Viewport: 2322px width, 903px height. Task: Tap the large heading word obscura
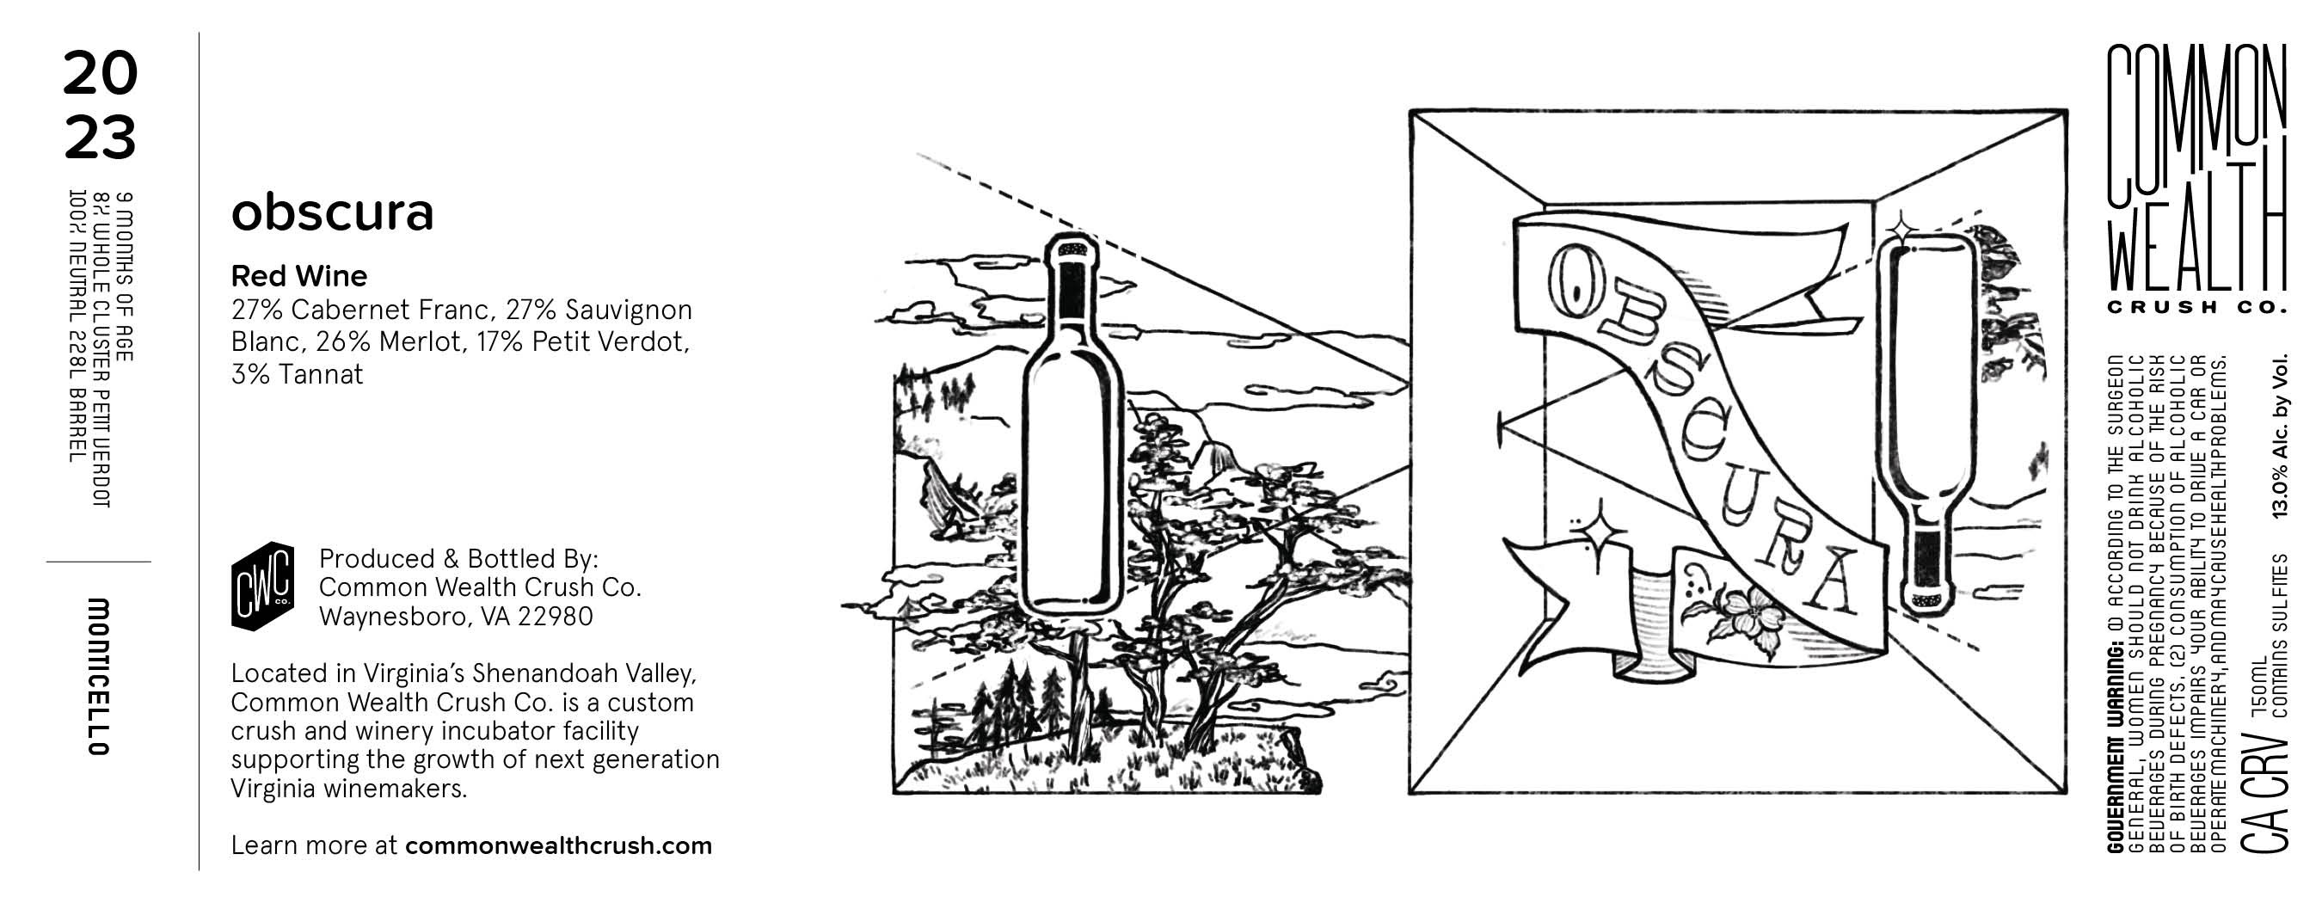333,212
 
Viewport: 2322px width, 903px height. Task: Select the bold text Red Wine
299,276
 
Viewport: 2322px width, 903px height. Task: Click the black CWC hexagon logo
262,586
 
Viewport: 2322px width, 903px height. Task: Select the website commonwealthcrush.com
559,846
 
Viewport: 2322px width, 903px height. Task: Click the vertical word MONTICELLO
98,676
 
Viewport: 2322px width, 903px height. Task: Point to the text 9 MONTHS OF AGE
126,277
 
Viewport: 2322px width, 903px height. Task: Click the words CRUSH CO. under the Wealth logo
2196,307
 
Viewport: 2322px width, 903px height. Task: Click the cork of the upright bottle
1073,245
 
